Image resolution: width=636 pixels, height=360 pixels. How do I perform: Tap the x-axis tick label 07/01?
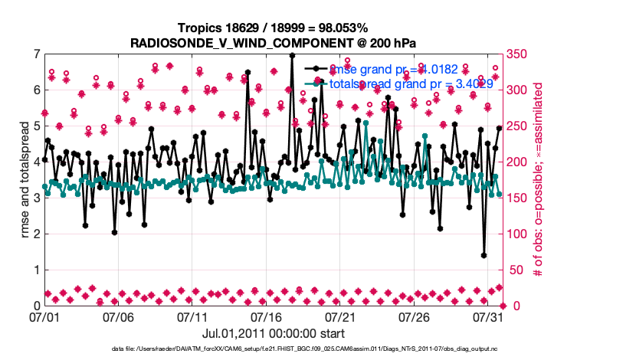click(44, 316)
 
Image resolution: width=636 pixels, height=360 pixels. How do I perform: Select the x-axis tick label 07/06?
click(118, 316)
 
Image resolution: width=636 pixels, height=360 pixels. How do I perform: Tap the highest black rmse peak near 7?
click(292, 55)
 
